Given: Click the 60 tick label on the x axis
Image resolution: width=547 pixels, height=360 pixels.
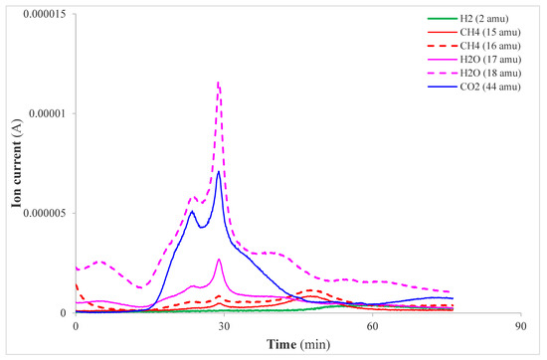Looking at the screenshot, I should click(x=372, y=326).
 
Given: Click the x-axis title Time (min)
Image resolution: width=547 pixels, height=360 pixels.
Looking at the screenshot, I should click(x=296, y=343).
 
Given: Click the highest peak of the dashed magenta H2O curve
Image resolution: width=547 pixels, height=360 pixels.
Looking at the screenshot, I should click(x=218, y=83).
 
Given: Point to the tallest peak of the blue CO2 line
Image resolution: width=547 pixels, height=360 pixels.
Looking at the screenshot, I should click(x=218, y=171).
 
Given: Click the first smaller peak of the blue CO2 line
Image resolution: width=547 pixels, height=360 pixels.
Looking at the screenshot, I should click(x=192, y=211).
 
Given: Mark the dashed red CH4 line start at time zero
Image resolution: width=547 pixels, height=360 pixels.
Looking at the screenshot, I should click(x=77, y=285).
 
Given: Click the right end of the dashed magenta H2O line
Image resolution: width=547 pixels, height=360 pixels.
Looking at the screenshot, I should click(x=453, y=292).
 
